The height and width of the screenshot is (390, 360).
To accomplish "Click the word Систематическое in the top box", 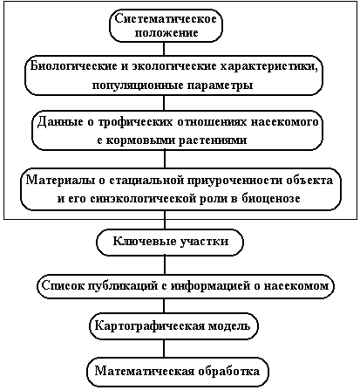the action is (x=166, y=19).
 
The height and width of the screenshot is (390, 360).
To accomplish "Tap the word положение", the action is (x=166, y=32).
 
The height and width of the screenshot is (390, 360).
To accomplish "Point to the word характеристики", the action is (x=269, y=66).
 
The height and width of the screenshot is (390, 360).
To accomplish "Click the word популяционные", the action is (x=137, y=86).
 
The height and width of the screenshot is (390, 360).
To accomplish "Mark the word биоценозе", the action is (x=269, y=199).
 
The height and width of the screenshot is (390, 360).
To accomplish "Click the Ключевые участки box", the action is (x=170, y=242).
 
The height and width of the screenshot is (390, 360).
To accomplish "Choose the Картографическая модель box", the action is (x=173, y=326).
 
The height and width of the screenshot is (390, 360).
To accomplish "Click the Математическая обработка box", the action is (x=177, y=372).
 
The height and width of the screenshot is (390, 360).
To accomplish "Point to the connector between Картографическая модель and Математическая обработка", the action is (x=164, y=349).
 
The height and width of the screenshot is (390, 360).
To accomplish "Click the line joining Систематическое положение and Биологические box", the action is (x=164, y=49).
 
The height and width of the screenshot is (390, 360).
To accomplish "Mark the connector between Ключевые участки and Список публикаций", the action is (x=165, y=265).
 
